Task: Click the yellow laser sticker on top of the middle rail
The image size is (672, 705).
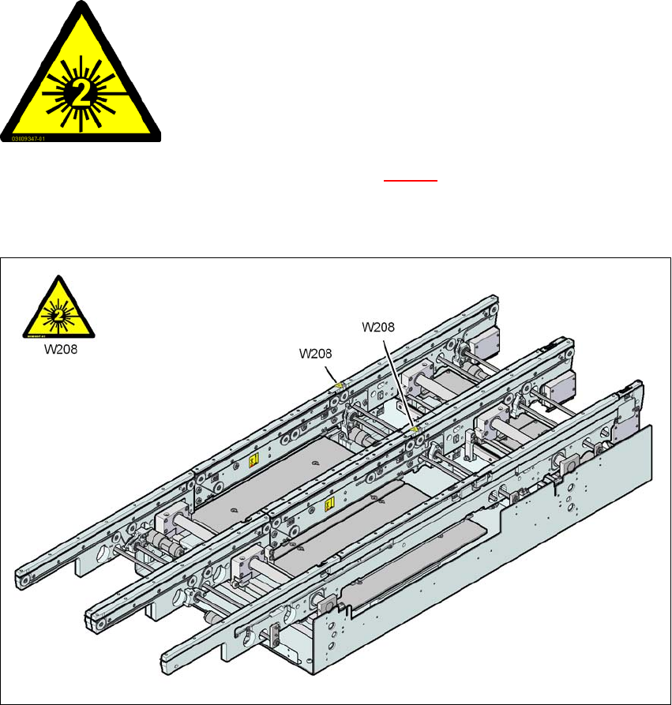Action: pyautogui.click(x=415, y=429)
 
